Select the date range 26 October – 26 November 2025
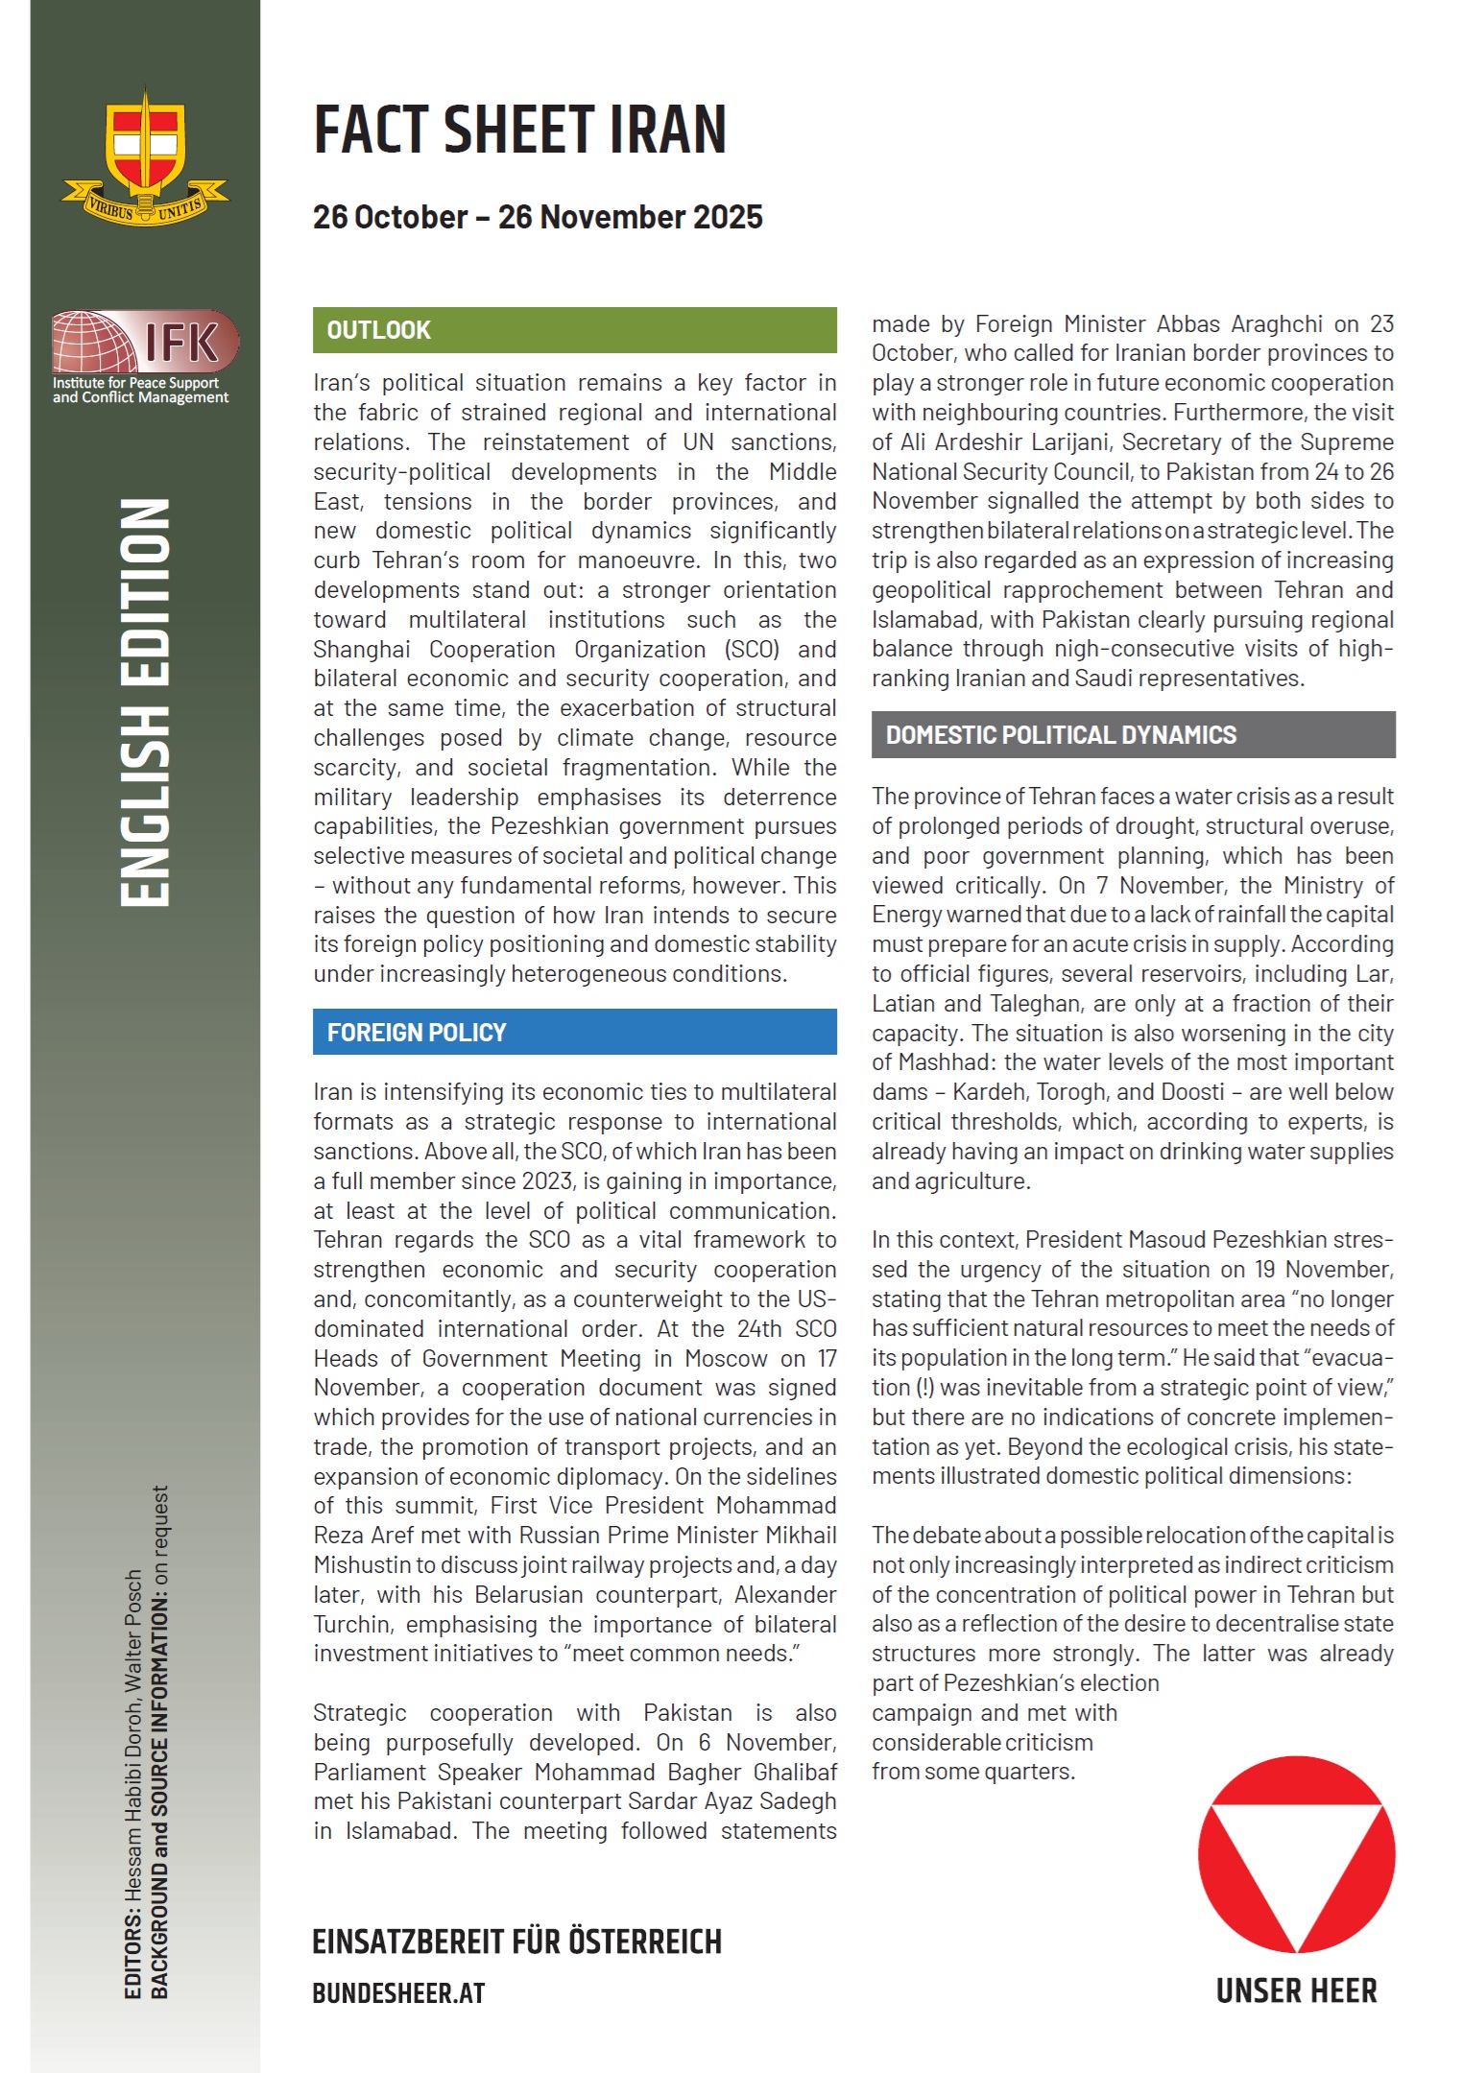click(x=538, y=217)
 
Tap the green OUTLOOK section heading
click(x=379, y=330)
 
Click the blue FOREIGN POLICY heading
click(x=417, y=1033)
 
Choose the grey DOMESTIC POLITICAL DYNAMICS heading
click(x=1061, y=735)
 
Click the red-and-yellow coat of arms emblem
click(x=145, y=158)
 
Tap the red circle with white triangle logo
click(x=1296, y=1854)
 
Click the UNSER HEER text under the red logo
click(x=1296, y=1990)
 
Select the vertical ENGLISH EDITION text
click(x=145, y=702)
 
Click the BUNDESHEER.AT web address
click(x=398, y=1993)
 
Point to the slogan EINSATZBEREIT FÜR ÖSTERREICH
click(x=516, y=1942)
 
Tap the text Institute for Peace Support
click(x=136, y=383)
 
